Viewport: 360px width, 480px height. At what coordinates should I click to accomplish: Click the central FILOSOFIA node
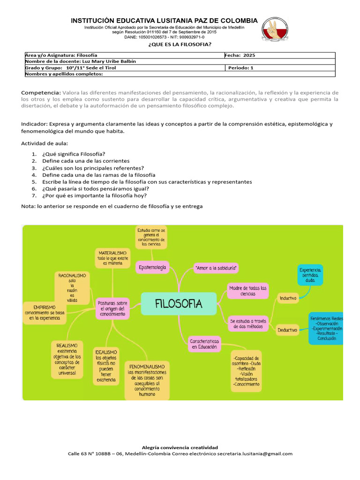[179, 304]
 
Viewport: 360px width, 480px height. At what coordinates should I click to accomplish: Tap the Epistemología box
[152, 267]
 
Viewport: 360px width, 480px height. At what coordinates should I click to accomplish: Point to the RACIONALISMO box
[72, 287]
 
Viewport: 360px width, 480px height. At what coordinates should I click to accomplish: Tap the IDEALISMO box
[106, 366]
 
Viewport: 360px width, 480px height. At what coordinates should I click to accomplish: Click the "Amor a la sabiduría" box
[216, 268]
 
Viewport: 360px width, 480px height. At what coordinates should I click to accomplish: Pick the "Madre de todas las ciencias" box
[248, 291]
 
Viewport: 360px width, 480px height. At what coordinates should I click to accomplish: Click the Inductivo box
[288, 298]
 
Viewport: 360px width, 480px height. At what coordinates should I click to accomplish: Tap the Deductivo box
[287, 330]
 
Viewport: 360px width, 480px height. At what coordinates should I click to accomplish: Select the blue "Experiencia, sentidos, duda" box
[310, 275]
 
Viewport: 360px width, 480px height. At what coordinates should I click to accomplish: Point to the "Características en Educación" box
[204, 344]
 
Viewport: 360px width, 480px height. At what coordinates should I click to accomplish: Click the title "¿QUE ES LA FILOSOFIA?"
[180, 45]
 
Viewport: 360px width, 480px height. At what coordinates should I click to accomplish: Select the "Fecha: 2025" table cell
[279, 55]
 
